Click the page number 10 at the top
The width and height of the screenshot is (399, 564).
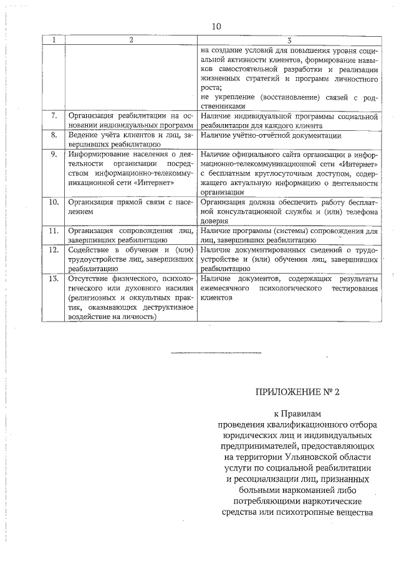216,26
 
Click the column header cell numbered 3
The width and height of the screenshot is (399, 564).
290,40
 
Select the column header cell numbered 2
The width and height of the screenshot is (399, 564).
131,40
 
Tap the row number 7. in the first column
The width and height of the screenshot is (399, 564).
54,116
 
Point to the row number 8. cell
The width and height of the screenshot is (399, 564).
54,135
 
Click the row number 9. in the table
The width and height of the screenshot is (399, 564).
54,154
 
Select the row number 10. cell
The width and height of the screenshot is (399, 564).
54,202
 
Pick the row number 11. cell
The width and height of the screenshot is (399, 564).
54,231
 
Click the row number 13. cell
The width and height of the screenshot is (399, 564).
54,279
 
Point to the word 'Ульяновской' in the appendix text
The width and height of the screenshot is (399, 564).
301,457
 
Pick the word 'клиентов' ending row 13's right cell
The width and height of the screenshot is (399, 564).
216,298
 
